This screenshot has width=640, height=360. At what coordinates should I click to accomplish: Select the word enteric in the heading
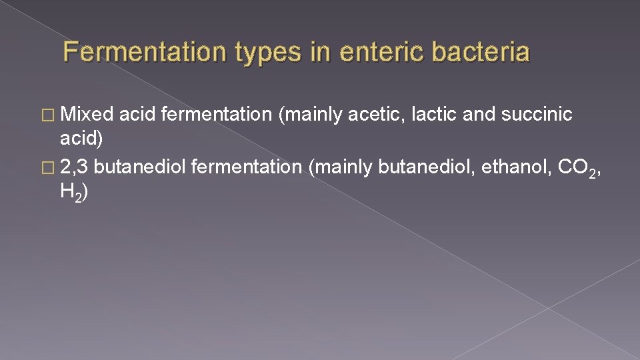pos(371,52)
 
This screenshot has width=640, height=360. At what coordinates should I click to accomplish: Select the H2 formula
pos(72,193)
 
